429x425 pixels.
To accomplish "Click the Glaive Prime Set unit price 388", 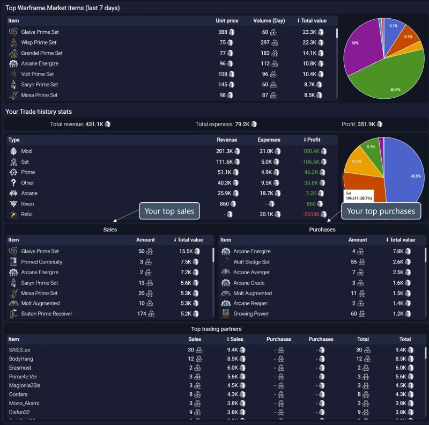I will [222, 32].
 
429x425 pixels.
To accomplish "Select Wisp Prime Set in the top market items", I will [39, 42].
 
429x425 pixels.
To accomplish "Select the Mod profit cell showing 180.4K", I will [311, 151].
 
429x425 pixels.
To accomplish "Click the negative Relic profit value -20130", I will [311, 214].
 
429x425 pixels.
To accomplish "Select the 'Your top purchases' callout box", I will [381, 211].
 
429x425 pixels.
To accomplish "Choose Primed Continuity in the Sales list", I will [41, 262].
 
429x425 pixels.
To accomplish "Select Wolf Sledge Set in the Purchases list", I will [251, 262].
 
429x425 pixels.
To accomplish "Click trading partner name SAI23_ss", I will [20, 349].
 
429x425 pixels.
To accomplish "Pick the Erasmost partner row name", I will [20, 368].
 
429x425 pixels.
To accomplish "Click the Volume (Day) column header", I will [269, 20].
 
